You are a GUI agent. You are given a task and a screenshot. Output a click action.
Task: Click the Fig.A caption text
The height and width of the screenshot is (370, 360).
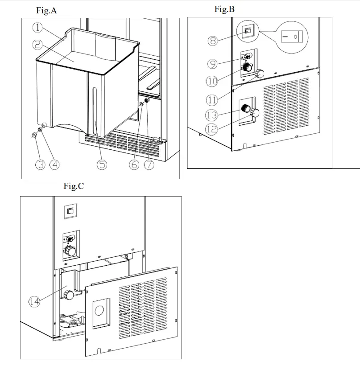[x=46, y=11]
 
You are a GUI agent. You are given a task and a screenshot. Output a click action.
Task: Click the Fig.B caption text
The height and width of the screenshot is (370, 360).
[x=224, y=9]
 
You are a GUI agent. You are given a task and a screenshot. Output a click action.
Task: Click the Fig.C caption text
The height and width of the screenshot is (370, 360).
[x=73, y=186]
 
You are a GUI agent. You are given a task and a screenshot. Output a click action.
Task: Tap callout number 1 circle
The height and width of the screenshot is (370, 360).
[x=37, y=27]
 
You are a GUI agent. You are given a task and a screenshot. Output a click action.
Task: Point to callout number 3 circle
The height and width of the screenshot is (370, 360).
[x=41, y=164]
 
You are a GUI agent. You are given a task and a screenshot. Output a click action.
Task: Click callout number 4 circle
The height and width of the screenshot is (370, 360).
[x=54, y=164]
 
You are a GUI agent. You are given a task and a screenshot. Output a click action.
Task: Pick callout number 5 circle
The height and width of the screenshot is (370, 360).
[x=102, y=164]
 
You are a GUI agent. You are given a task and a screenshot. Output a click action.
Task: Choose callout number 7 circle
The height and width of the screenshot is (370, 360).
[x=149, y=164]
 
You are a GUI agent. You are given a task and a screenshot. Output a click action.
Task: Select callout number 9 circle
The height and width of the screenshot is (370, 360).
[x=213, y=64]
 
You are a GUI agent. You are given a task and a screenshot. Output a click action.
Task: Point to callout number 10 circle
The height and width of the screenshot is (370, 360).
[x=212, y=81]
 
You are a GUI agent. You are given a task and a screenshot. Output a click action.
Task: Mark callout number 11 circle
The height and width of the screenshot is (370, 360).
[x=213, y=98]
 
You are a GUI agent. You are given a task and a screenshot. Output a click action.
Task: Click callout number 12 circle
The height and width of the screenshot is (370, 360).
[x=212, y=129]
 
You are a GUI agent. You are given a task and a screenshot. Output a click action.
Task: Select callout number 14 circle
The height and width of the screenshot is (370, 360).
[x=34, y=302]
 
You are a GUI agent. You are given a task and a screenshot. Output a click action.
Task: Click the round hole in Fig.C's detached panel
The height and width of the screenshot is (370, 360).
[x=100, y=309]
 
